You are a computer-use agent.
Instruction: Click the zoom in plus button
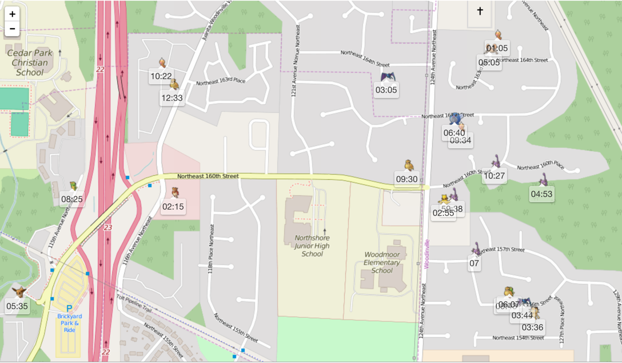[12, 14]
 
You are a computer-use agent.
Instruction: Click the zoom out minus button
[12, 29]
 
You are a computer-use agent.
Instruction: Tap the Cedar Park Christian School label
[29, 62]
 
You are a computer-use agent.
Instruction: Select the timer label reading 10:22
[161, 76]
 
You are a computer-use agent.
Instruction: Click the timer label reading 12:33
[172, 98]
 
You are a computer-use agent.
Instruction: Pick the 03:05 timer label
[386, 90]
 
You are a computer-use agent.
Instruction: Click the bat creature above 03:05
[388, 77]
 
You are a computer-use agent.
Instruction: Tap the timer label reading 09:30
[406, 179]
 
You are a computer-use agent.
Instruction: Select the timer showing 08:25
[72, 199]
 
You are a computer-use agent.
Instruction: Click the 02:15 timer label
[173, 207]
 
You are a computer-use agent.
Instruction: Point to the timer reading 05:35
[17, 306]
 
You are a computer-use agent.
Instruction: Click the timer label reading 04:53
[541, 194]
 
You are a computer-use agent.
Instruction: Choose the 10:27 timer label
[494, 176]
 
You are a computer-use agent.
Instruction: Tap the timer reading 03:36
[532, 328]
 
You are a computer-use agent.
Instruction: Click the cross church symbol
[480, 10]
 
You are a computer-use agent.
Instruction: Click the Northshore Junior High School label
[312, 246]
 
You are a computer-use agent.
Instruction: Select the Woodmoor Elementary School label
[382, 262]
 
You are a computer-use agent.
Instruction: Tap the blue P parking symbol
[70, 308]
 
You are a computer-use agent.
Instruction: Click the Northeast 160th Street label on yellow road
[208, 176]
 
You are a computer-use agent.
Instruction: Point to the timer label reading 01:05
[497, 48]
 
